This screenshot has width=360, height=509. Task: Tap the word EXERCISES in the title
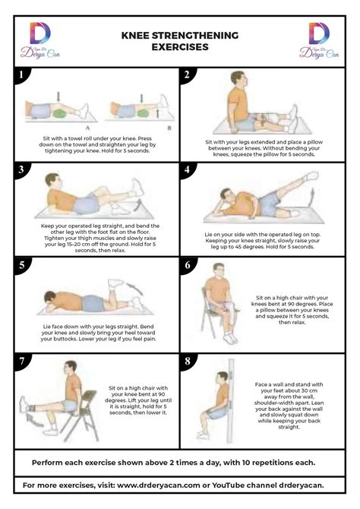click(179, 46)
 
